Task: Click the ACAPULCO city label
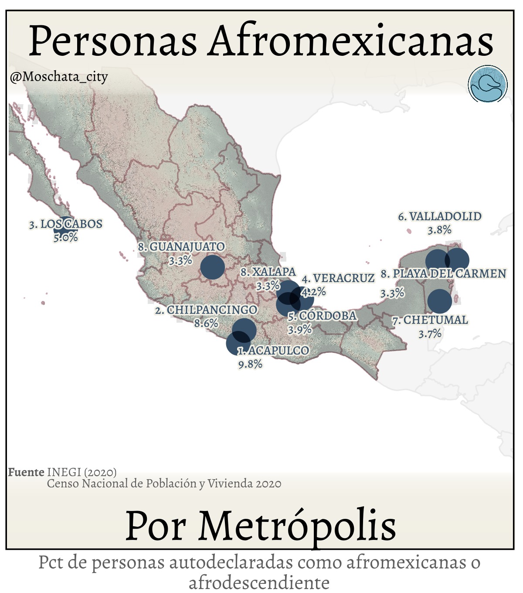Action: click(x=274, y=351)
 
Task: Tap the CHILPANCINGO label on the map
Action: click(x=206, y=310)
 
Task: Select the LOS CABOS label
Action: click(x=66, y=224)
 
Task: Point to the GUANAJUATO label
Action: click(x=182, y=247)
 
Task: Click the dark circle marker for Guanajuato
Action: click(x=213, y=267)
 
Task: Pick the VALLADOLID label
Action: click(x=440, y=216)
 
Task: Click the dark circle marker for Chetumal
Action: click(x=439, y=301)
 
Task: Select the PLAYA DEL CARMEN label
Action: click(x=444, y=274)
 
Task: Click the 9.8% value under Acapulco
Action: click(x=250, y=364)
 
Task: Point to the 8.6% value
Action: click(x=206, y=324)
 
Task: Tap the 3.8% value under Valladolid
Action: click(x=439, y=230)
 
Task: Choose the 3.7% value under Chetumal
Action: click(x=430, y=334)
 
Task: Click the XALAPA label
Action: click(x=268, y=272)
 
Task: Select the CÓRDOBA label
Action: click(x=322, y=316)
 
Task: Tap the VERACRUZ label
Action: click(x=338, y=278)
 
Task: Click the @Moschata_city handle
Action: click(x=59, y=77)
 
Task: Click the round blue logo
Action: click(x=488, y=85)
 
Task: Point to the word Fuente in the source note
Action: click(x=26, y=472)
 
